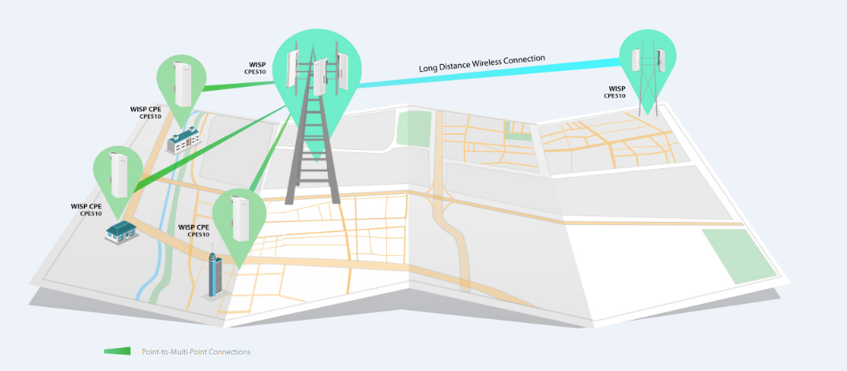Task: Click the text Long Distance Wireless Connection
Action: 482,63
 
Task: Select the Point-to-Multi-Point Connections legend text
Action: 196,351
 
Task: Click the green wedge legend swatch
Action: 117,351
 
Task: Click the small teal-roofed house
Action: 120,231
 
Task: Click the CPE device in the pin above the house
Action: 119,174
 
